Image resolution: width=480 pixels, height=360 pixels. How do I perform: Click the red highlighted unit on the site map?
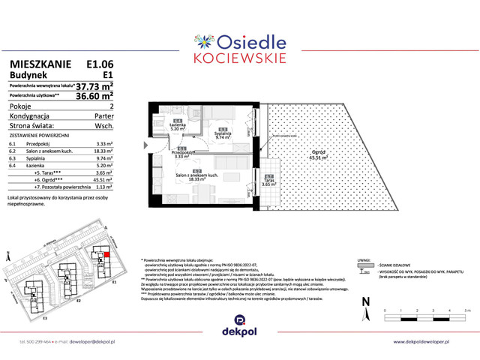(x=107, y=255)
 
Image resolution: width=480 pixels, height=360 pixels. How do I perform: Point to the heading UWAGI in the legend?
(x=364, y=256)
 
